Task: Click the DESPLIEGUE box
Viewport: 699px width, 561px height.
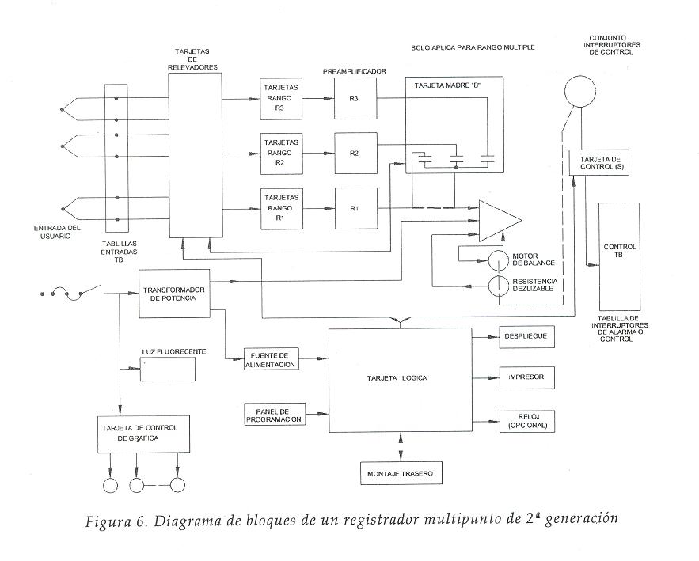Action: tap(525, 336)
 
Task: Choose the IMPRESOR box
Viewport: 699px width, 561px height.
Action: tap(525, 378)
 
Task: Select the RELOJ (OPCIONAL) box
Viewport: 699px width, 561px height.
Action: tap(525, 422)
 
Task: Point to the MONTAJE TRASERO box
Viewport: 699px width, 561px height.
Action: tap(400, 473)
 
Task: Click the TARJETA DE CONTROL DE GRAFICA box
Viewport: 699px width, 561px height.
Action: tap(145, 433)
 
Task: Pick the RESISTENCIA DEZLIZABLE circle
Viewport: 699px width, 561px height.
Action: tap(498, 286)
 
